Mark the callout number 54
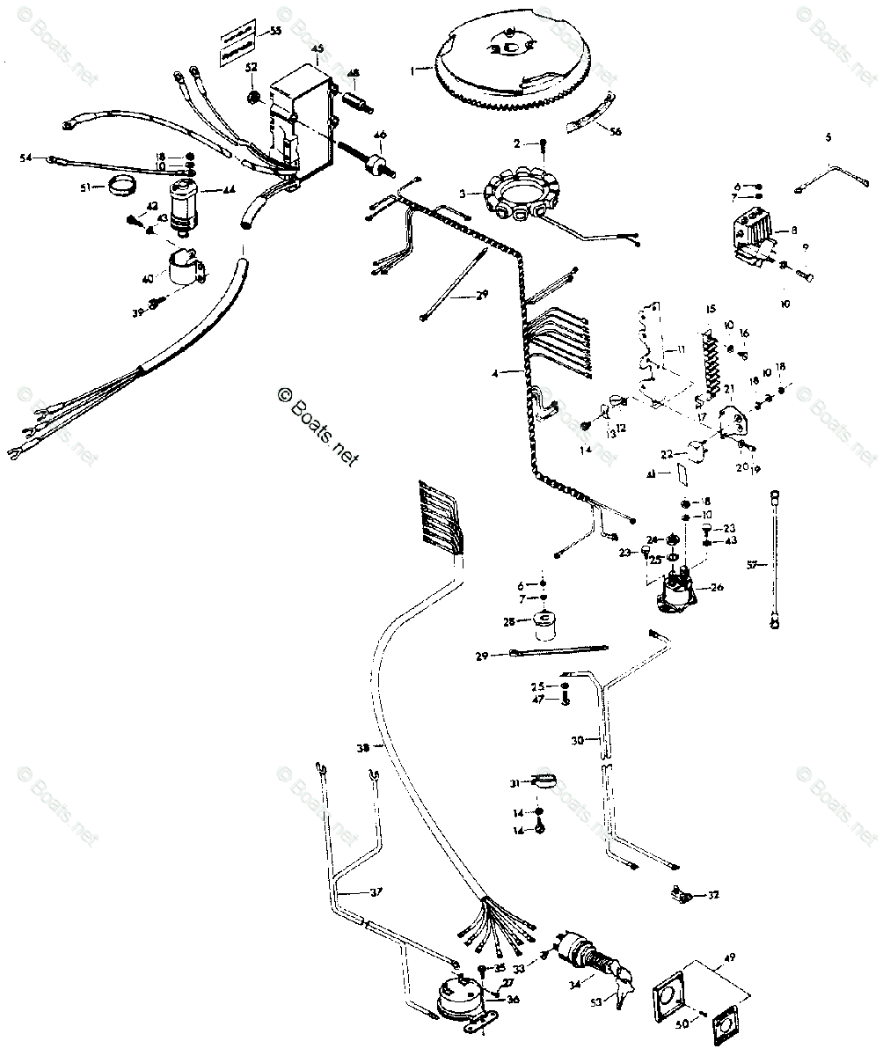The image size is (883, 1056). tap(26, 158)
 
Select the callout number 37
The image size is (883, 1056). tap(376, 893)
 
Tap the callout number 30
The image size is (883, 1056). tap(578, 740)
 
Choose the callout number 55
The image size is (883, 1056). tap(275, 31)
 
